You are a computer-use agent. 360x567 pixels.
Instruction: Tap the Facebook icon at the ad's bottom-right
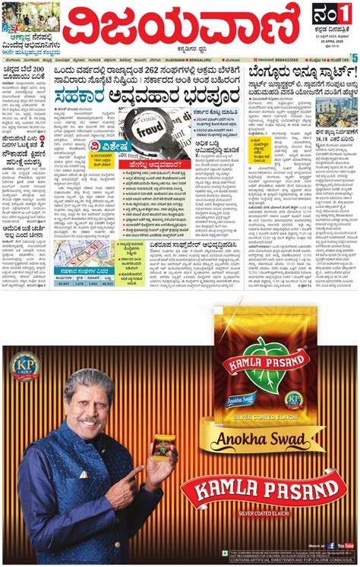coord(332,545)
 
